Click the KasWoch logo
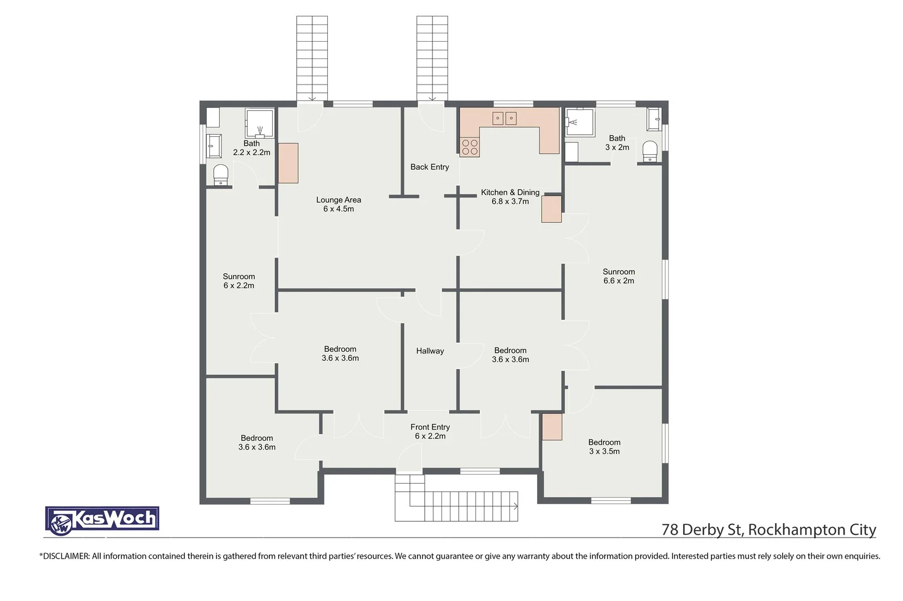click(x=102, y=521)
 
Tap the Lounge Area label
click(x=338, y=204)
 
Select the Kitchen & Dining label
click(x=510, y=196)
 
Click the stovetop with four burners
click(x=469, y=147)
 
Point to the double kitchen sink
click(x=504, y=118)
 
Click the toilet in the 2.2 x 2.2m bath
click(x=221, y=175)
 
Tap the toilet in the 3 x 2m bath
click(x=650, y=151)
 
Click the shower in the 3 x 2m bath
click(x=580, y=122)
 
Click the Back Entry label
click(x=429, y=167)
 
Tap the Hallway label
click(x=430, y=351)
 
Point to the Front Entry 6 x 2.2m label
click(x=430, y=431)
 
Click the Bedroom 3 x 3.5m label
click(x=604, y=447)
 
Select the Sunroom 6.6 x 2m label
click(x=619, y=276)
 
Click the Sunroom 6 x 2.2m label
click(x=239, y=280)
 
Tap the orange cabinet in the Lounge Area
click(x=288, y=163)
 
